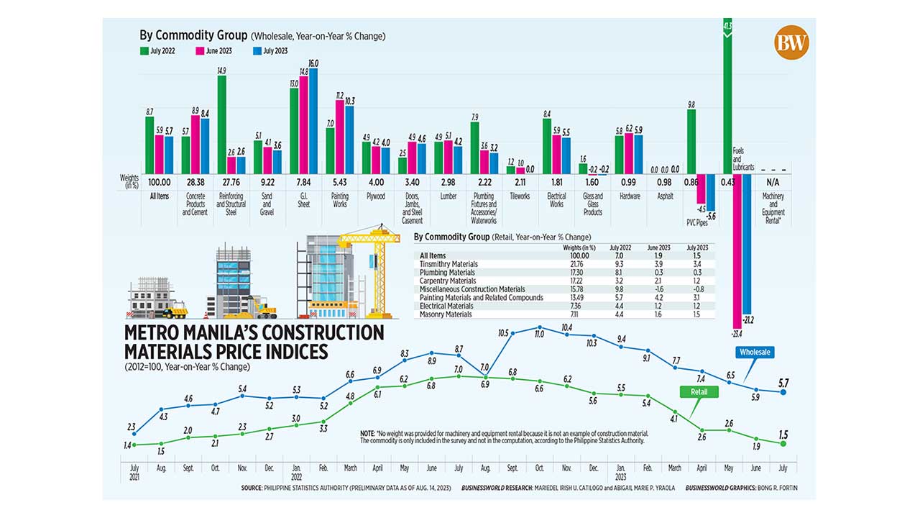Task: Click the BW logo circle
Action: coord(791,43)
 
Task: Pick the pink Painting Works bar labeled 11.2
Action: coord(340,137)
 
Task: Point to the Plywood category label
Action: coord(376,196)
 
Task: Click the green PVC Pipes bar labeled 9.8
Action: coord(691,141)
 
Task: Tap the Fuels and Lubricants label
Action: coord(743,158)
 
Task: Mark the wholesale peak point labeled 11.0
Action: coord(538,327)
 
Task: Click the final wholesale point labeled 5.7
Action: coord(783,392)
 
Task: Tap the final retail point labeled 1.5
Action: coord(783,443)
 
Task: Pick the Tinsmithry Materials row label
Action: coord(447,264)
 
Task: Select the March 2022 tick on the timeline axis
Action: coord(350,468)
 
